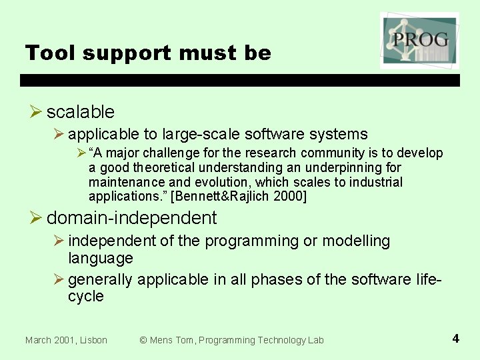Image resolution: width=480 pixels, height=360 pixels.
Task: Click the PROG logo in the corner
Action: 419,40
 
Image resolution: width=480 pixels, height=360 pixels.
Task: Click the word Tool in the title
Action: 46,53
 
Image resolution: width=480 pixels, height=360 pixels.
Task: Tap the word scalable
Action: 81,112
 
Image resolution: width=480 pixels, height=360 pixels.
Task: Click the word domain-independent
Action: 131,218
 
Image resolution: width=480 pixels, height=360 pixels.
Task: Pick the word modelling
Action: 357,241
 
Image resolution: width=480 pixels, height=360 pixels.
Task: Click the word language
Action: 101,258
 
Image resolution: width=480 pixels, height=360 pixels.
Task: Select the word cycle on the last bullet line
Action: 86,297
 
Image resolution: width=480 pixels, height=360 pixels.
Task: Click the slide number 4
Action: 455,339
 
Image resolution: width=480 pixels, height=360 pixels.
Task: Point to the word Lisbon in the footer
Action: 92,340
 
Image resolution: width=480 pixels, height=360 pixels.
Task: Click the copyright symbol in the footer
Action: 143,340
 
